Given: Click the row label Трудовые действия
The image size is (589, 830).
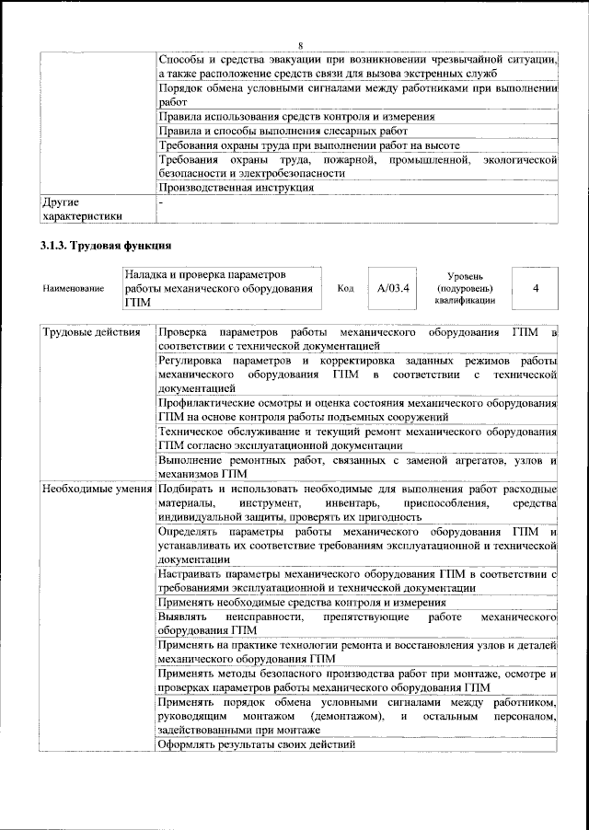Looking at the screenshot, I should pyautogui.click(x=91, y=332).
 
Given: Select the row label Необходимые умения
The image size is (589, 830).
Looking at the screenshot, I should pyautogui.click(x=97, y=488).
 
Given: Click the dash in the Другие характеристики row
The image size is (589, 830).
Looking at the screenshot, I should pyautogui.click(x=161, y=201).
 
